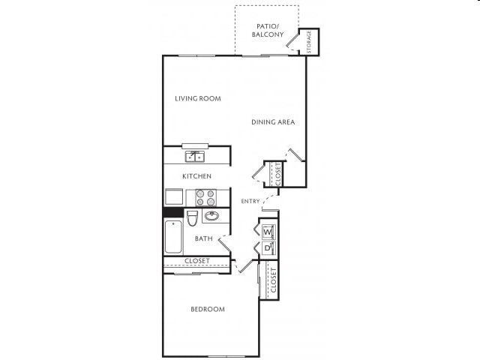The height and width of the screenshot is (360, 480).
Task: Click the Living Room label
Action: (x=197, y=98)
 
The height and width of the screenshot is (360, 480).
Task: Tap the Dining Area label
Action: (x=273, y=122)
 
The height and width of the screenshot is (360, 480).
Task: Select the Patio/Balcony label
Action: (x=267, y=29)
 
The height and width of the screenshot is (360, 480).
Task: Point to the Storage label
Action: (x=310, y=41)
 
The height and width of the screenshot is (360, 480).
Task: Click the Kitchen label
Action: (x=196, y=176)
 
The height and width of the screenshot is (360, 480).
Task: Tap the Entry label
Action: (x=250, y=201)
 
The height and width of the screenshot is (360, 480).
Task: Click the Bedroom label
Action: (x=207, y=309)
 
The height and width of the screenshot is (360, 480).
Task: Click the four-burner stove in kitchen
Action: (x=205, y=197)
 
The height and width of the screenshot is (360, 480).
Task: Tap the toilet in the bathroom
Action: (x=192, y=218)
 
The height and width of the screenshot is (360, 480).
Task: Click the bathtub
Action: (x=172, y=237)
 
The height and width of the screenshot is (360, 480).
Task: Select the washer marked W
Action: (x=268, y=231)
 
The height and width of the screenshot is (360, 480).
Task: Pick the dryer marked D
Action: (x=268, y=248)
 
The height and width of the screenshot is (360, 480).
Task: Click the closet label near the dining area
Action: (x=278, y=174)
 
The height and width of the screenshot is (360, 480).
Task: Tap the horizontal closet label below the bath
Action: (x=196, y=261)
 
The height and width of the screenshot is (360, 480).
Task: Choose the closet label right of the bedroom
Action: (x=274, y=280)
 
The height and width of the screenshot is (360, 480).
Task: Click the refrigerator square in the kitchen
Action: (x=174, y=197)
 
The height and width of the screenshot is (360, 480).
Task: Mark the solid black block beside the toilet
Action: (x=173, y=213)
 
